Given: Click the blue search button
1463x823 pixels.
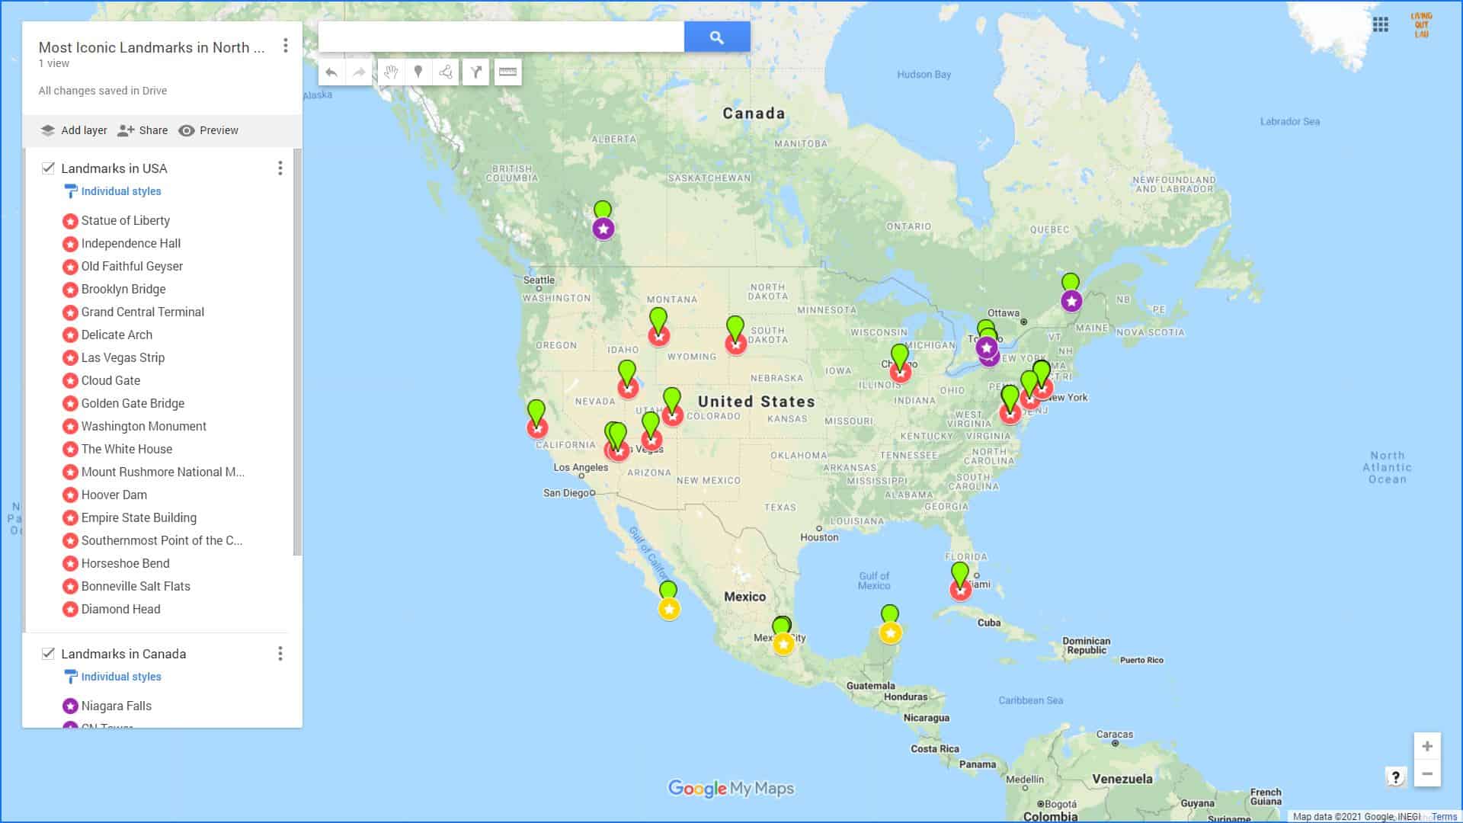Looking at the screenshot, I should pyautogui.click(x=716, y=37).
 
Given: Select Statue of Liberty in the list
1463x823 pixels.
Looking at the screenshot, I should pyautogui.click(x=125, y=221).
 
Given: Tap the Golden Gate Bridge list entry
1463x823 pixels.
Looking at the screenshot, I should pyautogui.click(x=133, y=404).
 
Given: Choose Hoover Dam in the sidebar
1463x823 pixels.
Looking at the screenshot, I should pyautogui.click(x=114, y=495).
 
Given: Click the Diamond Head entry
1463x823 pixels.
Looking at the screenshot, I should pyautogui.click(x=120, y=610).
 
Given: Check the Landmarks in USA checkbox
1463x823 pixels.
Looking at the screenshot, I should pyautogui.click(x=48, y=168).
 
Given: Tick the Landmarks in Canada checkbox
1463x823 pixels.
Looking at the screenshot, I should pyautogui.click(x=48, y=654).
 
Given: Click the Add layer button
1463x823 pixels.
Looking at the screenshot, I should pyautogui.click(x=74, y=130).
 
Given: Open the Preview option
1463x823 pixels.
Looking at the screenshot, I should pyautogui.click(x=208, y=130).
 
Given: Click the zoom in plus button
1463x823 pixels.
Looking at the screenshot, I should pyautogui.click(x=1426, y=747).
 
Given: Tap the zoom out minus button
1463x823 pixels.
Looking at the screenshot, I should pyautogui.click(x=1426, y=774).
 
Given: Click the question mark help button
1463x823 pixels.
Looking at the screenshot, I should pyautogui.click(x=1395, y=777).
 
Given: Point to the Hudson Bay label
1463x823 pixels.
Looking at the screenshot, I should pyautogui.click(x=924, y=75).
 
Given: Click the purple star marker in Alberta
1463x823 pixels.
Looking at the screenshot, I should pyautogui.click(x=603, y=229).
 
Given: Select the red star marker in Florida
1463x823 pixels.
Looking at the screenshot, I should pyautogui.click(x=960, y=590).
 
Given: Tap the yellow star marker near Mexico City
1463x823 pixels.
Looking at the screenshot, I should pyautogui.click(x=783, y=645).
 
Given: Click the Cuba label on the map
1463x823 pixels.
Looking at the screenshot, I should pyautogui.click(x=988, y=623).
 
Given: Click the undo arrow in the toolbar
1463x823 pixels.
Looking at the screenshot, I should pyautogui.click(x=331, y=72).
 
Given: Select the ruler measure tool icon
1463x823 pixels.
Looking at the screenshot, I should pyautogui.click(x=507, y=72).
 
